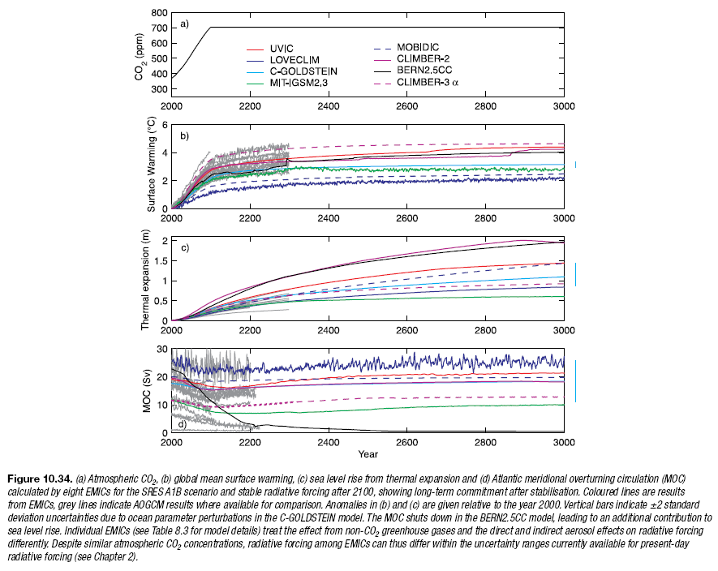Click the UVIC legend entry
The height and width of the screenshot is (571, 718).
[x=282, y=49]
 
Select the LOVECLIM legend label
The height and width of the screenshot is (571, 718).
[x=295, y=60]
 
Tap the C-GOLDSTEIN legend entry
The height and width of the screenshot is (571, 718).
[x=303, y=71]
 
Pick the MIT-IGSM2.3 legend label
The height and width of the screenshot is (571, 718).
[x=299, y=83]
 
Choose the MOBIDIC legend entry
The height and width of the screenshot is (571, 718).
[x=418, y=47]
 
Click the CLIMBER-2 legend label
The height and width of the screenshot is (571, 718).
[x=423, y=58]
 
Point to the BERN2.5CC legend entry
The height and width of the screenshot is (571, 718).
[x=424, y=70]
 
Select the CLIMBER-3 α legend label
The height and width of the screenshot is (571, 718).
[x=428, y=82]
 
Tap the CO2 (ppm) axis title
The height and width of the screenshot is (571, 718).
[x=140, y=57]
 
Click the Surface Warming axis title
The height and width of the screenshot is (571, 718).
[x=151, y=164]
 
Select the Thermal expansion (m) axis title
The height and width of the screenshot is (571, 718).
[x=145, y=281]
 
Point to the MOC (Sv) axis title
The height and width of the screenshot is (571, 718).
[x=147, y=391]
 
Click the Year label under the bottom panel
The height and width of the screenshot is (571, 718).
[x=368, y=454]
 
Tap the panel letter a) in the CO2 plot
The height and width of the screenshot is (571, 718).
[x=184, y=24]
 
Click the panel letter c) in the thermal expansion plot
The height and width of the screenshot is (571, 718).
[x=184, y=247]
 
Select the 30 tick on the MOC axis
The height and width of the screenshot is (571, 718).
[x=162, y=350]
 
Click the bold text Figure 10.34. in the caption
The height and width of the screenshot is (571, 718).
[x=41, y=479]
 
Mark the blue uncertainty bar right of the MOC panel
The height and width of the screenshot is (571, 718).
[x=575, y=381]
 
